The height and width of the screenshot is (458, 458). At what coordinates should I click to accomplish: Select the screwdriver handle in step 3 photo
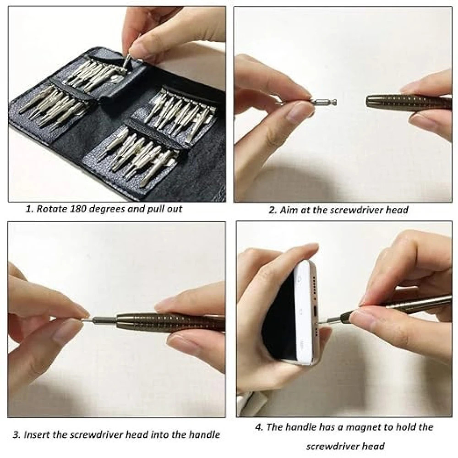[169, 322]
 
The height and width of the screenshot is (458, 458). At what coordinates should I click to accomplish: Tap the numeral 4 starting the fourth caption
[258, 428]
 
